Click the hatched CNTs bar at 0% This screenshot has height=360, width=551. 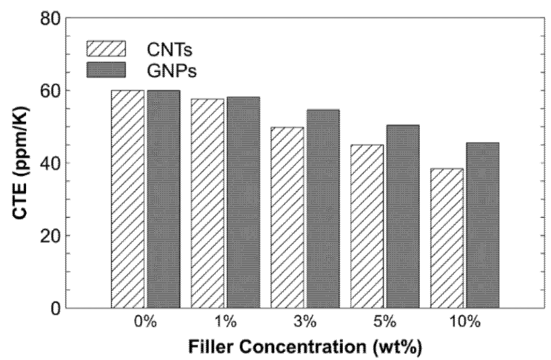(x=128, y=199)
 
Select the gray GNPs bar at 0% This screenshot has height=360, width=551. (x=163, y=199)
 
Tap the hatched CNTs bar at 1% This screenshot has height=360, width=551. (x=208, y=203)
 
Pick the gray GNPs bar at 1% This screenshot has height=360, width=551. (x=243, y=202)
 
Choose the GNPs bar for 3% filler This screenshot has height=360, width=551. (x=323, y=208)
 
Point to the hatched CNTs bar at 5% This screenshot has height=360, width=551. (x=367, y=226)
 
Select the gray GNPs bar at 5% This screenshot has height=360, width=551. (x=403, y=216)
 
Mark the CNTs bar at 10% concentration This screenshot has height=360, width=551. (x=447, y=238)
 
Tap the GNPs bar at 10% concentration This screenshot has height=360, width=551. (x=483, y=225)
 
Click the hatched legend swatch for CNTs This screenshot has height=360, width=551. (x=106, y=48)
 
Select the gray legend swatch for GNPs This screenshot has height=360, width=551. (x=106, y=70)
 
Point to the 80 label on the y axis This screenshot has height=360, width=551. (x=50, y=19)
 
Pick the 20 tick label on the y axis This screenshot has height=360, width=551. (x=50, y=236)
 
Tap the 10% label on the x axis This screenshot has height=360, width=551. (x=465, y=322)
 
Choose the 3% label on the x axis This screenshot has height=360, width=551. (x=305, y=322)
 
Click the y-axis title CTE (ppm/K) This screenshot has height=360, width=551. (x=21, y=163)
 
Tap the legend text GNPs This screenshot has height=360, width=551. (x=172, y=71)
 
